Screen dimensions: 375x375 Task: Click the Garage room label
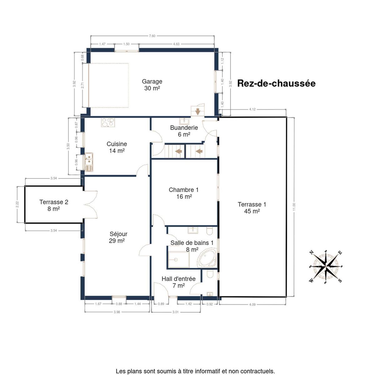point(152,81)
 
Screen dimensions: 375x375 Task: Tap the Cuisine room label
point(117,144)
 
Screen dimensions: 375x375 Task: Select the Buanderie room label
point(184,128)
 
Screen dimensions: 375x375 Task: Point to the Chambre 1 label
point(183,190)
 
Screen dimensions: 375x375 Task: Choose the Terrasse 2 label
point(54,202)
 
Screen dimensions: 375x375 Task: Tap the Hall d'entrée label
point(178,279)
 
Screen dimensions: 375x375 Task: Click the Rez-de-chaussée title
point(276,83)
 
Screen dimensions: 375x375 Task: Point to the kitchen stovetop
point(108,122)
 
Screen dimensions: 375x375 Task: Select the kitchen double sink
point(89,162)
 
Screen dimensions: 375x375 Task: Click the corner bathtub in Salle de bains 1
point(207,257)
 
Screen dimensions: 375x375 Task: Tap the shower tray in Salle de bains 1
point(179,260)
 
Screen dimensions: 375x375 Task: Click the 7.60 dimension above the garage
point(152,36)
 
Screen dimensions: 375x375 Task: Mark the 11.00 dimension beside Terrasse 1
point(294,207)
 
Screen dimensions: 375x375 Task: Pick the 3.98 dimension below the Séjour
point(117,312)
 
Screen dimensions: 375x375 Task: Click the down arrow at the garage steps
point(198,112)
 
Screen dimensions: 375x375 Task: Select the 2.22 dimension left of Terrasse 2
point(17,204)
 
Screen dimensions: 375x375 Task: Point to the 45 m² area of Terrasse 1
point(252,211)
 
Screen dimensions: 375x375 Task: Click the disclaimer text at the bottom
point(195,365)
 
